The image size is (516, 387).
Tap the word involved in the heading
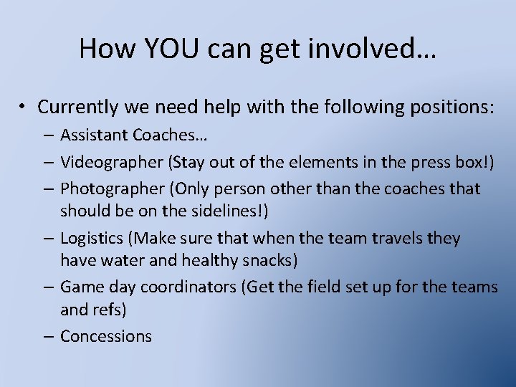pyautogui.click(x=373, y=48)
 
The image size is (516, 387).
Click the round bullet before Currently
pyautogui.click(x=24, y=107)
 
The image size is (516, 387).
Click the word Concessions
pyautogui.click(x=106, y=336)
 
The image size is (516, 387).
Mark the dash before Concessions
pyautogui.click(x=49, y=336)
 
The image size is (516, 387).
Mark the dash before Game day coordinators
pyautogui.click(x=49, y=287)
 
